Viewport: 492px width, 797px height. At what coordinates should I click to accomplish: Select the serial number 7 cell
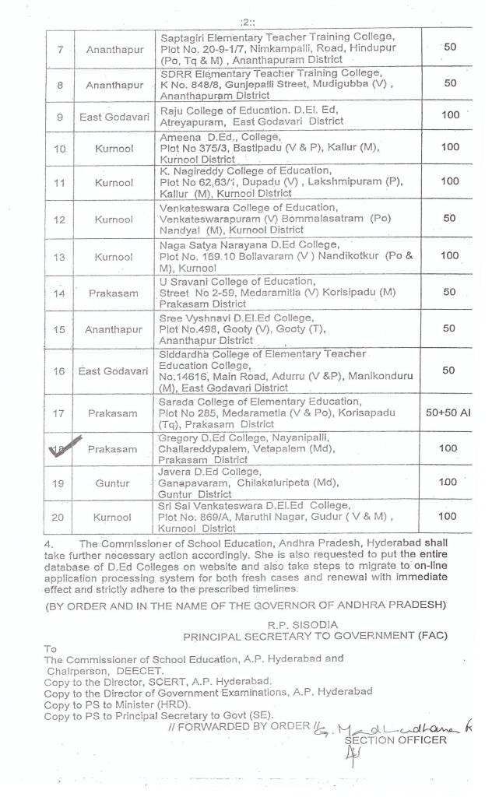click(60, 49)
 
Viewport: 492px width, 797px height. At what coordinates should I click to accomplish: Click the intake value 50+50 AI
click(447, 413)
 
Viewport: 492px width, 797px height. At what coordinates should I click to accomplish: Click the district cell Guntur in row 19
click(112, 483)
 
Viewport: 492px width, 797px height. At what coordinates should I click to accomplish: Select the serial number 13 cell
click(60, 255)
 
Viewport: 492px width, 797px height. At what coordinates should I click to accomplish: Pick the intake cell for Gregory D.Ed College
click(448, 449)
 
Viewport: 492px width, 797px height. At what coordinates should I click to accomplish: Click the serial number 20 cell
click(60, 515)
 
